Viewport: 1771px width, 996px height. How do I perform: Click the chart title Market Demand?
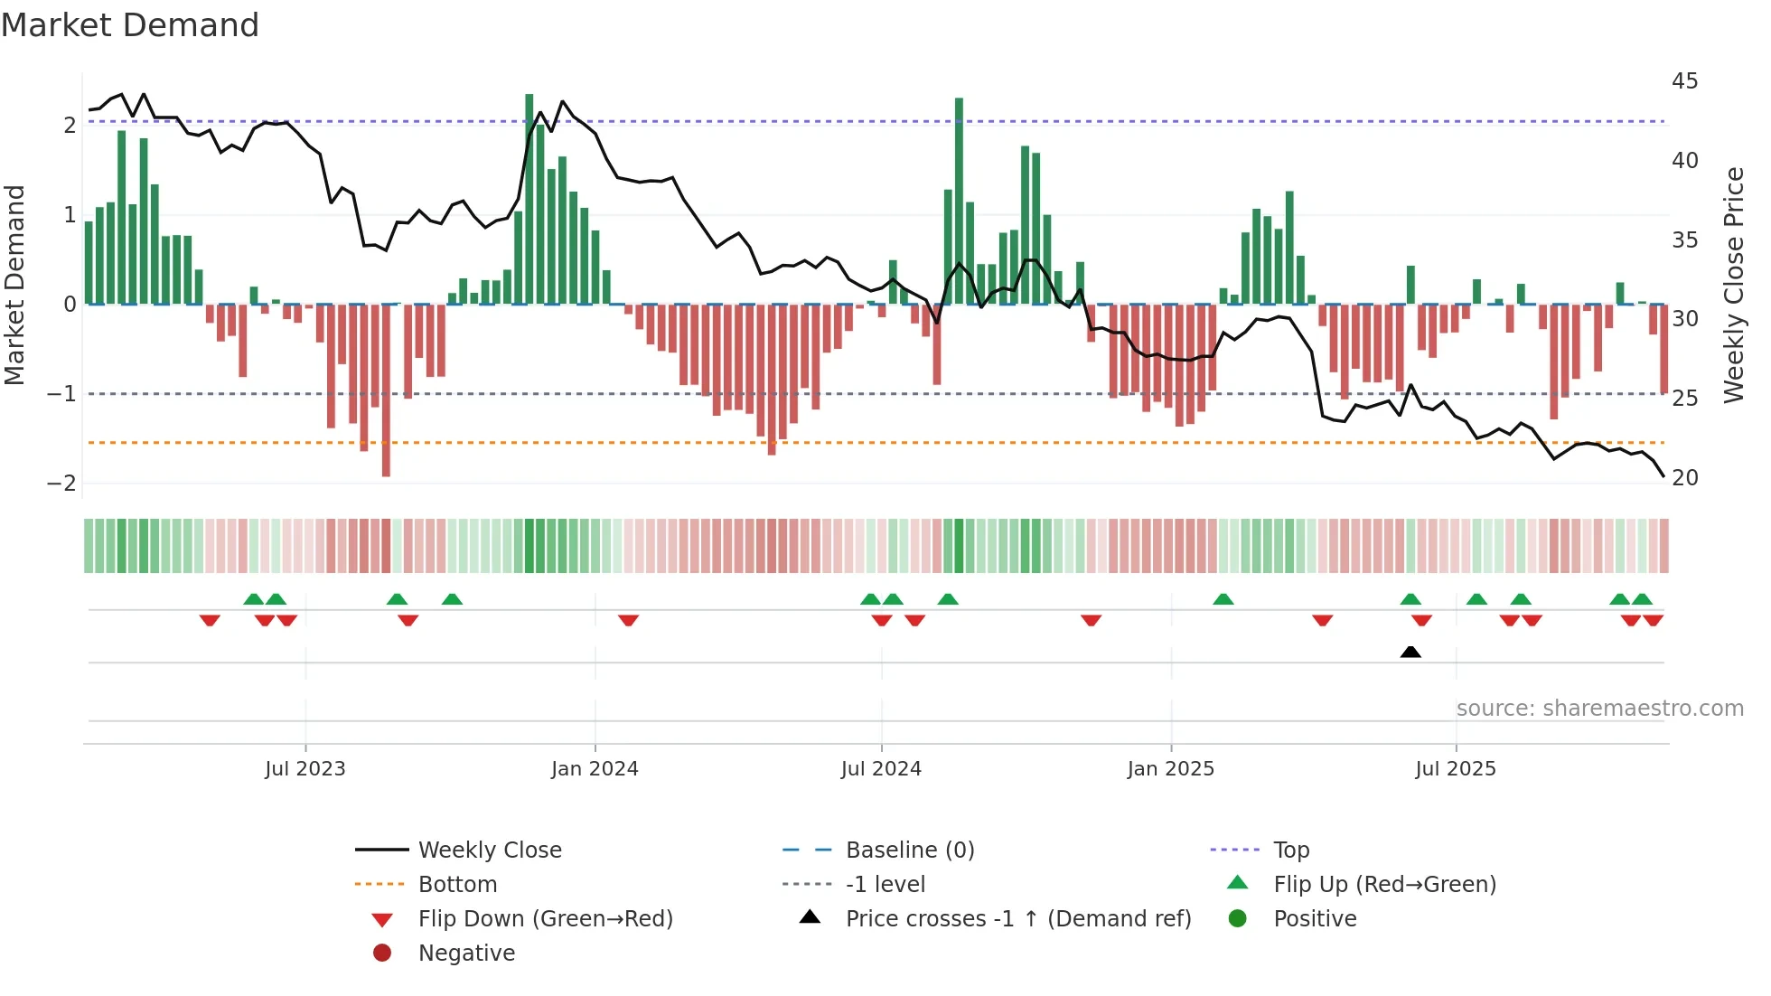130,25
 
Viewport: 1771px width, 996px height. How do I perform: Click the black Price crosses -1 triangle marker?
1410,652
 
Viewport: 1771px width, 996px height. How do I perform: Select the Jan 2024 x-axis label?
595,769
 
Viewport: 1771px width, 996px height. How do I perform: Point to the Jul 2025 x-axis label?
1456,769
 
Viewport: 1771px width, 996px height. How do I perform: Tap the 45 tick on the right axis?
1684,81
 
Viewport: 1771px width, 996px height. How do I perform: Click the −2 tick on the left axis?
61,483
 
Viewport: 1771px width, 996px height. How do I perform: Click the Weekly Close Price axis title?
1733,285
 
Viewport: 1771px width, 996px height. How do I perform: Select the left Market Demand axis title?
15,285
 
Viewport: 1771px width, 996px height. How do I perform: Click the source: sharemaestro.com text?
1599,709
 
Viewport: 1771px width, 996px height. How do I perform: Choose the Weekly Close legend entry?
489,850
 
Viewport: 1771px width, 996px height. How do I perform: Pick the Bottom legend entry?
457,885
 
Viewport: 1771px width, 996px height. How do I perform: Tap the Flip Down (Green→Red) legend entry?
545,919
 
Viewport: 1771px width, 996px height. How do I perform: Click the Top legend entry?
1291,850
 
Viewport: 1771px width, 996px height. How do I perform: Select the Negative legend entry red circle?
382,954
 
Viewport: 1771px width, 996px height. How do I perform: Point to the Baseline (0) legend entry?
909,850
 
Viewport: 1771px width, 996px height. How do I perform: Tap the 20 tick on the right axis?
1684,478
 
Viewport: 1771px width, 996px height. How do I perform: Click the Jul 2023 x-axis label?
305,769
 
